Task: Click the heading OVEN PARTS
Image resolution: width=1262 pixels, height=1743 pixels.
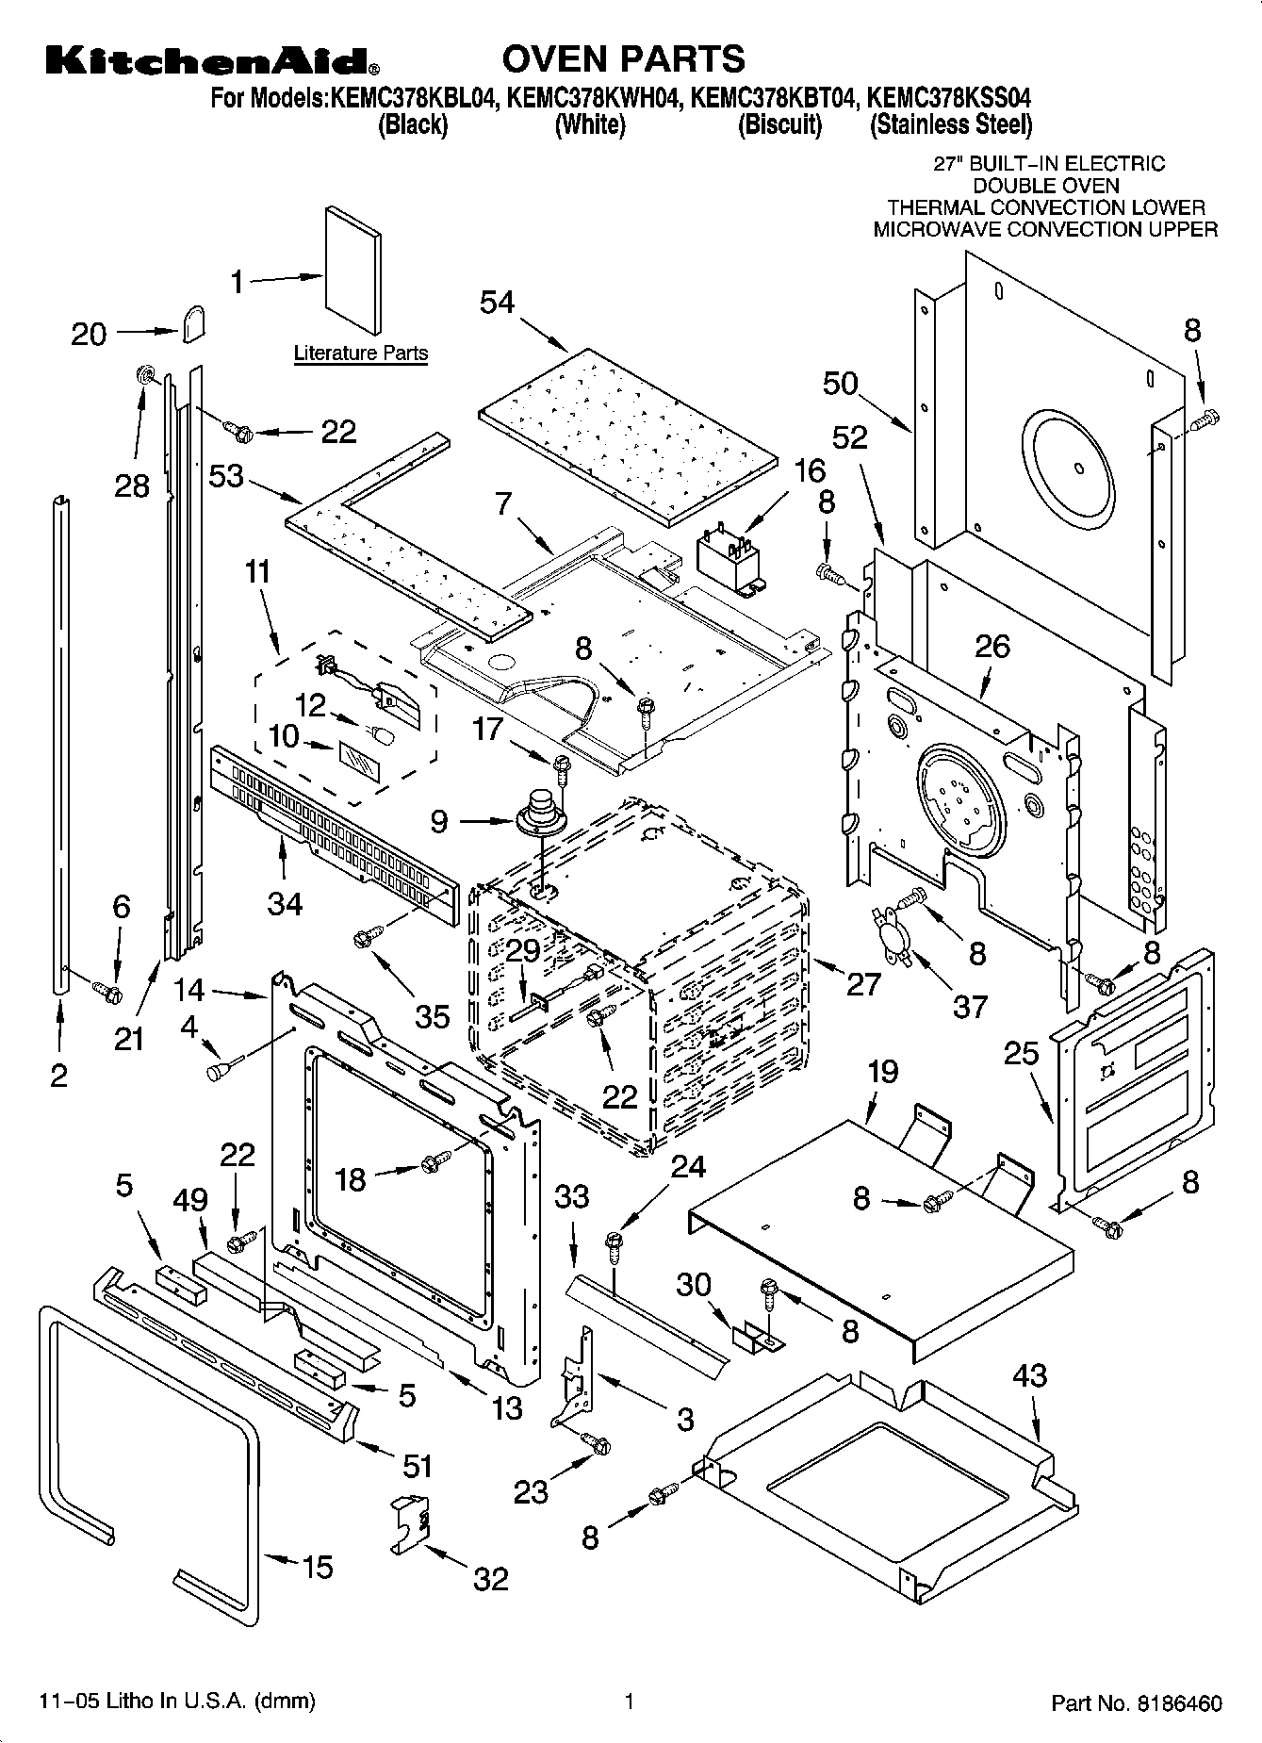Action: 623,58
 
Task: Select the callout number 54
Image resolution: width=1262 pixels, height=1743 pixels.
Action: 498,302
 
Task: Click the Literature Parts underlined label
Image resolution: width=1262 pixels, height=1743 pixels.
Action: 361,354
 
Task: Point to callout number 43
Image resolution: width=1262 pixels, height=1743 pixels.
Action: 1029,1375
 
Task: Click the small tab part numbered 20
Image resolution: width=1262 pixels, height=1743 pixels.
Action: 194,323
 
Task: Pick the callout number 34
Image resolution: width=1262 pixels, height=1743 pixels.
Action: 285,903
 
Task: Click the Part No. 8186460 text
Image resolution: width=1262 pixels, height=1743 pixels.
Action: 1136,1702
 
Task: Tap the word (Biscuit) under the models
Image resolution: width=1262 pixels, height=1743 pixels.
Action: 779,124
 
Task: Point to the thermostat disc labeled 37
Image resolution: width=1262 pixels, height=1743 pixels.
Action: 892,934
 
